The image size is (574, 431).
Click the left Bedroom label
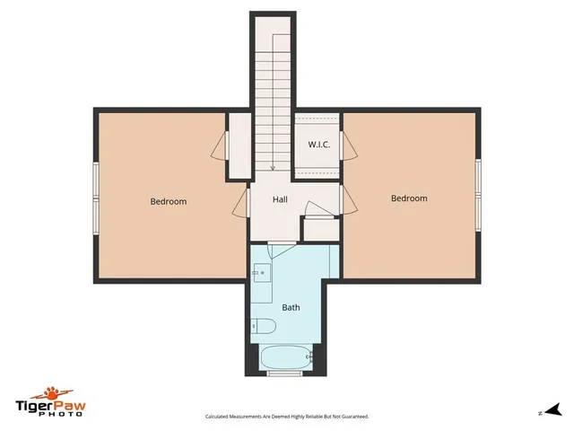[x=168, y=202]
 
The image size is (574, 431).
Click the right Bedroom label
[x=409, y=198]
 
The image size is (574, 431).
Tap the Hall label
[x=280, y=202]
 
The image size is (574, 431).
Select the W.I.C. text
[x=319, y=145]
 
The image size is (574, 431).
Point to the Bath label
[x=291, y=307]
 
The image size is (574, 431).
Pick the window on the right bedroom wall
[x=479, y=191]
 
